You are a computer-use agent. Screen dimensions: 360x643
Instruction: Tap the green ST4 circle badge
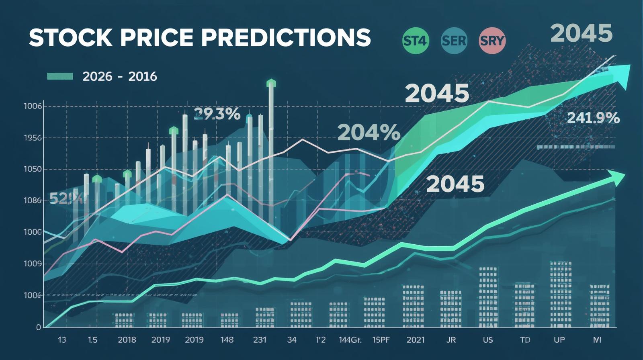(416, 41)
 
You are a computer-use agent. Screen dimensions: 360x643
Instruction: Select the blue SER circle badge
(454, 41)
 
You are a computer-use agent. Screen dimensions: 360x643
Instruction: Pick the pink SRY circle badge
(492, 41)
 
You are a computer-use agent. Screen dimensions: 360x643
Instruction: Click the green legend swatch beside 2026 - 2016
(60, 76)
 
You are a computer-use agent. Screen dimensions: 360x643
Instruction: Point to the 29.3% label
(217, 115)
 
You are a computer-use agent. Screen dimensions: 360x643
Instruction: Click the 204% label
(369, 132)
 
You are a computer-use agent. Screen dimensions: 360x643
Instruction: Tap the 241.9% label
(593, 118)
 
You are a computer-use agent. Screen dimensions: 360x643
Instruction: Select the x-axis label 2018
(127, 340)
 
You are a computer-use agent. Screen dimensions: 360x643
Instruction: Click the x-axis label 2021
(415, 340)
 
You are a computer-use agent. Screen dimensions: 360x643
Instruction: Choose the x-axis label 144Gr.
(350, 340)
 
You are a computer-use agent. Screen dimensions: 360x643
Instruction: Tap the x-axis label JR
(451, 340)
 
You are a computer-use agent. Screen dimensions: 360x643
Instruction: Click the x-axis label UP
(559, 340)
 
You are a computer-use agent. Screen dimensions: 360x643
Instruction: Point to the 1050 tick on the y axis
(33, 169)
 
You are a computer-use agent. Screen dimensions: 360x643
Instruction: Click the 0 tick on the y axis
(39, 327)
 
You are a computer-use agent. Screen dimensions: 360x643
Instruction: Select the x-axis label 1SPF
(381, 340)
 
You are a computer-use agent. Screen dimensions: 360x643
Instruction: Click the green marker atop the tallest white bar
(271, 83)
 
